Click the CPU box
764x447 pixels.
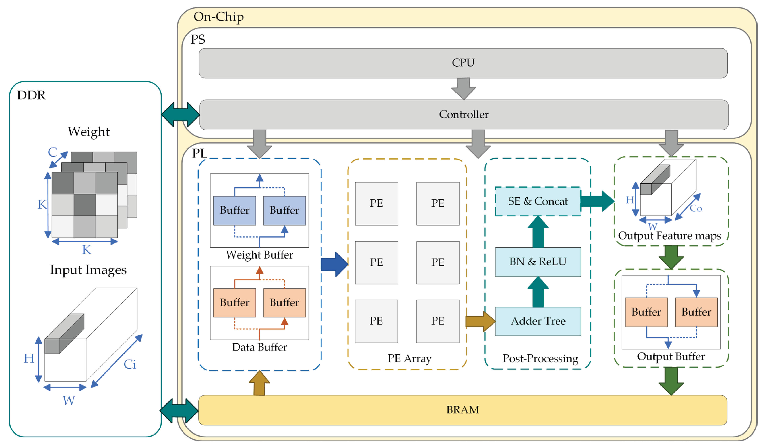[463, 63]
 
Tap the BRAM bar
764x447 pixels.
[463, 410]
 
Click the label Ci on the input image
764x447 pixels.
[130, 364]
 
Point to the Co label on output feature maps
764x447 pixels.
[696, 208]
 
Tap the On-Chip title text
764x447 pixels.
[218, 17]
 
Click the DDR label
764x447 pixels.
[31, 95]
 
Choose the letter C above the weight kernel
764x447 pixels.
[52, 152]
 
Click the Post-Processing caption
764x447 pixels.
[540, 358]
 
